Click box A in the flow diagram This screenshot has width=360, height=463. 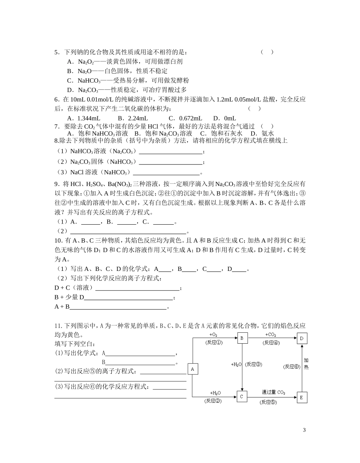click(x=193, y=369)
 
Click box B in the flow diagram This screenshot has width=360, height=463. click(x=243, y=338)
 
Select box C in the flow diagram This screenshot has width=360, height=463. click(x=242, y=397)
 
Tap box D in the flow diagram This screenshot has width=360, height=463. click(x=302, y=338)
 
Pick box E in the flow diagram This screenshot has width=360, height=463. click(x=302, y=397)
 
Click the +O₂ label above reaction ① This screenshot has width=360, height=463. click(x=213, y=335)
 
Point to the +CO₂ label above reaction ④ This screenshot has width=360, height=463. click(x=271, y=335)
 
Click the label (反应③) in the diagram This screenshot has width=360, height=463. click(x=254, y=364)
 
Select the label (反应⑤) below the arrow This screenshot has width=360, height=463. click(x=268, y=402)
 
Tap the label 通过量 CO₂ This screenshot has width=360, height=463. click(x=273, y=392)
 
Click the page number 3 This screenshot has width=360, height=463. click(x=304, y=430)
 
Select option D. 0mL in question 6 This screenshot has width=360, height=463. click(x=224, y=118)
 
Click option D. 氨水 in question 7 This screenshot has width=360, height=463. click(x=262, y=133)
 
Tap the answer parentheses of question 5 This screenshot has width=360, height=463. click(x=267, y=52)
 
